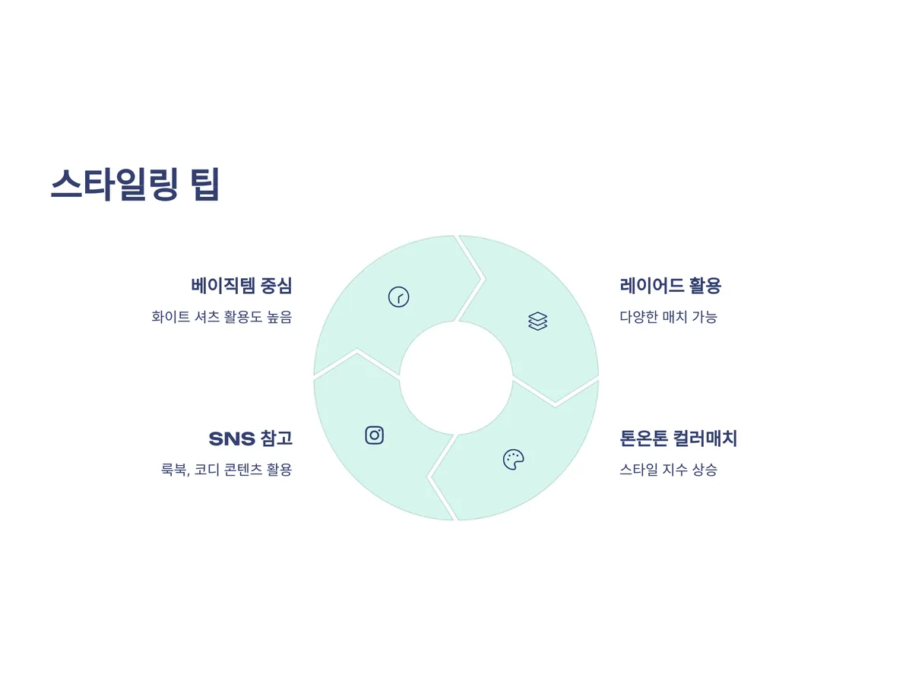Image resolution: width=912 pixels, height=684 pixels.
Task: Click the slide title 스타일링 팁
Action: click(x=135, y=185)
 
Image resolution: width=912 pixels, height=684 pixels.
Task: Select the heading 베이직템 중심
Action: click(x=242, y=286)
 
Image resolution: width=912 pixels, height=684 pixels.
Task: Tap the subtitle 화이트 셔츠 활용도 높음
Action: click(x=222, y=317)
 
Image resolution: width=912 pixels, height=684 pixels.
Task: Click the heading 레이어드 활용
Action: click(x=670, y=286)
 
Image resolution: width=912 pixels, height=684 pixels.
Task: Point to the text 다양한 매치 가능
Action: click(x=668, y=317)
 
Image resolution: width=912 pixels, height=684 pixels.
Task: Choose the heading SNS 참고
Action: click(x=250, y=439)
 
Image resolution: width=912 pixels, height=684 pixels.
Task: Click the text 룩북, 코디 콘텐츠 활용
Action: click(x=226, y=470)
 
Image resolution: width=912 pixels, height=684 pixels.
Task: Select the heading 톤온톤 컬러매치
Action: click(x=679, y=439)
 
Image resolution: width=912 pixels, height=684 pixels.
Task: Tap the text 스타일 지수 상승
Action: click(x=668, y=470)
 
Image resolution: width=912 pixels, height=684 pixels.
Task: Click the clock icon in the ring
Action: click(x=398, y=297)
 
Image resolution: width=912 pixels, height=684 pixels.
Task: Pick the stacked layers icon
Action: click(x=537, y=321)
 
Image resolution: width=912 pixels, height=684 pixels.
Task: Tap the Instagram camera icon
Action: click(x=374, y=435)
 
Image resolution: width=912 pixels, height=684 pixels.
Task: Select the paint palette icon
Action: click(x=514, y=459)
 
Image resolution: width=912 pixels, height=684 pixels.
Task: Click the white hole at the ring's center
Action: click(x=456, y=378)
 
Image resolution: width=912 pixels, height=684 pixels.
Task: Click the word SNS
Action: click(x=231, y=439)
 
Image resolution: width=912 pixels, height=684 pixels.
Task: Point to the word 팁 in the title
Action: click(x=205, y=185)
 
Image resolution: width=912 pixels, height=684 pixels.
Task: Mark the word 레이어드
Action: click(x=651, y=286)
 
